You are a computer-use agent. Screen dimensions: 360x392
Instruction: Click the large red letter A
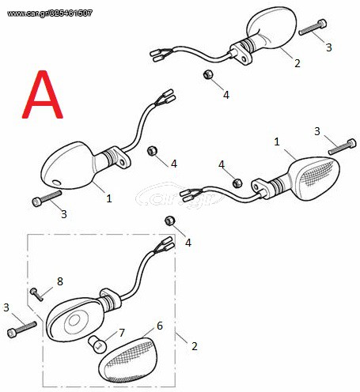click(43, 95)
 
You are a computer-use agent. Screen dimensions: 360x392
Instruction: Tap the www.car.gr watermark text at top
click(50, 13)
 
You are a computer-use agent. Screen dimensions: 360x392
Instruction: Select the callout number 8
click(60, 281)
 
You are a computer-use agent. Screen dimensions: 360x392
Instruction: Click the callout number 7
click(122, 333)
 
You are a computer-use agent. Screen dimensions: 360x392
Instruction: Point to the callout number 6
click(160, 326)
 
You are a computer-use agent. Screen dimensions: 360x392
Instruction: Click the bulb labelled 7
click(97, 344)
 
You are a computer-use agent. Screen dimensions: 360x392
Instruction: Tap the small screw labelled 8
click(36, 294)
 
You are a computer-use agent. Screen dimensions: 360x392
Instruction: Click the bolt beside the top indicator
click(313, 28)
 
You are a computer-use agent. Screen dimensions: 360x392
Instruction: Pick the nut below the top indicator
click(208, 74)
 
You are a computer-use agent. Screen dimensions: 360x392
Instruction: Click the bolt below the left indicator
click(47, 198)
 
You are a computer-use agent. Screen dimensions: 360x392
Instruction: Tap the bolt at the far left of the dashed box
click(22, 330)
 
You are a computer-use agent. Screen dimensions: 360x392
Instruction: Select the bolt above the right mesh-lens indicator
click(343, 147)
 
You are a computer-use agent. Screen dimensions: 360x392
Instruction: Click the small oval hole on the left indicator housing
click(56, 183)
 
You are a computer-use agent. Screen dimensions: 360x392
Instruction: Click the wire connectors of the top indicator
click(161, 55)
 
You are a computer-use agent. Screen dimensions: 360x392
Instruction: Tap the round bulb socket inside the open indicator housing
click(73, 321)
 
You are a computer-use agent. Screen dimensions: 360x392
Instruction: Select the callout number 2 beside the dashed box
click(195, 346)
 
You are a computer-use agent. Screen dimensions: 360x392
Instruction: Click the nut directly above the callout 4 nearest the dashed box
click(169, 220)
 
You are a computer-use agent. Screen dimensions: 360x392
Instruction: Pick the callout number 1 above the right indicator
click(277, 141)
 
